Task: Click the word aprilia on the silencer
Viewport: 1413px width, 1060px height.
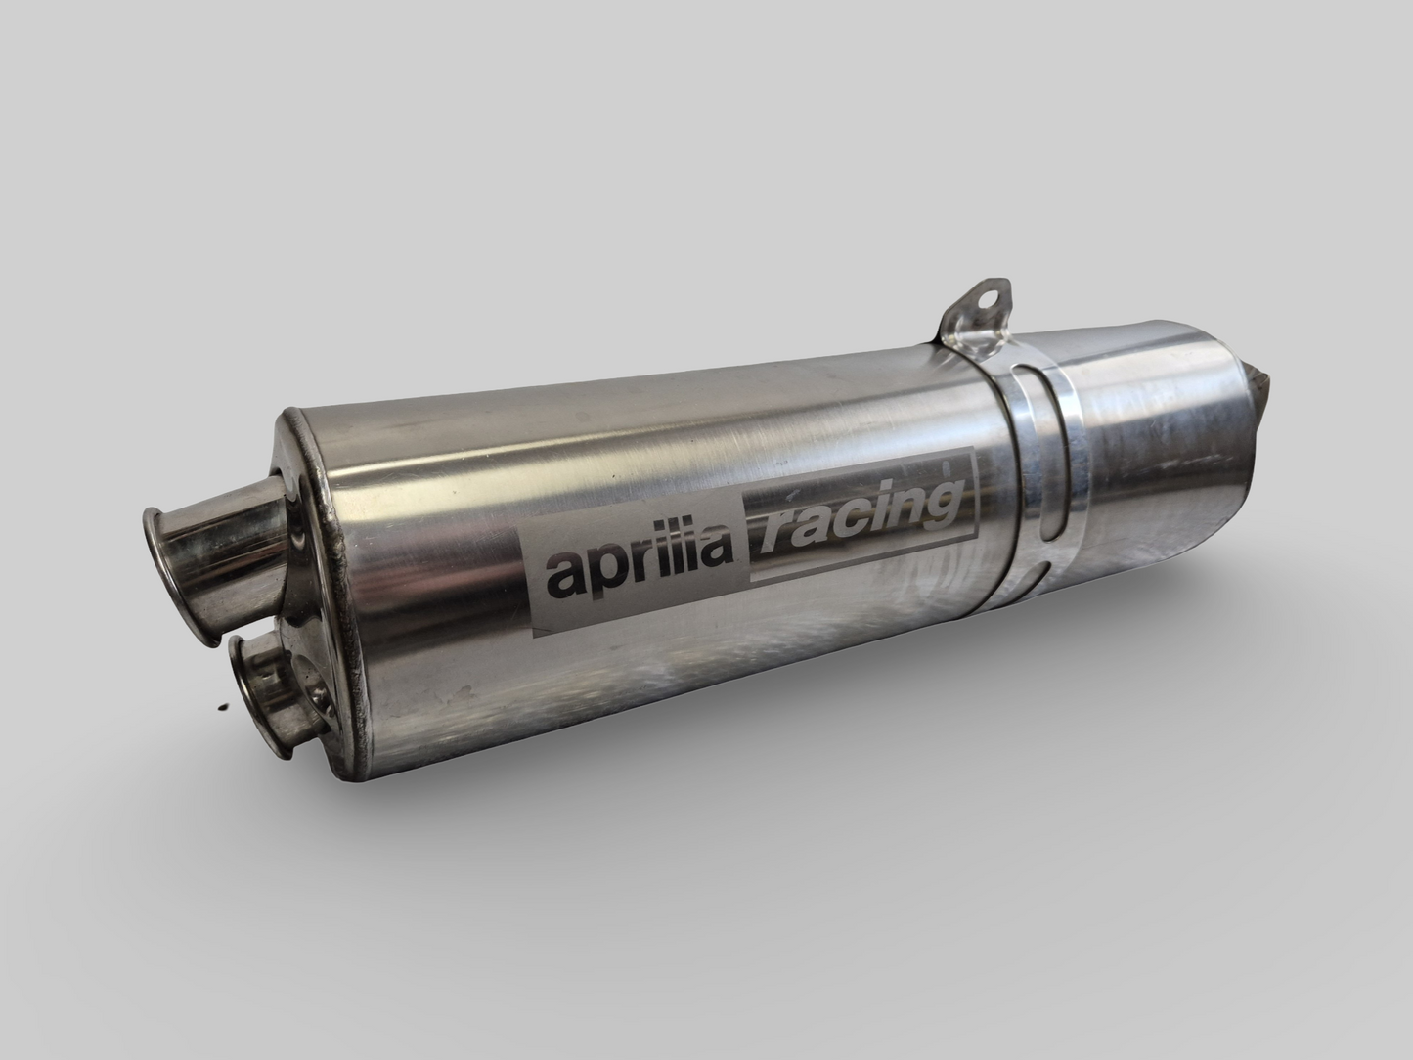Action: [x=640, y=571]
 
